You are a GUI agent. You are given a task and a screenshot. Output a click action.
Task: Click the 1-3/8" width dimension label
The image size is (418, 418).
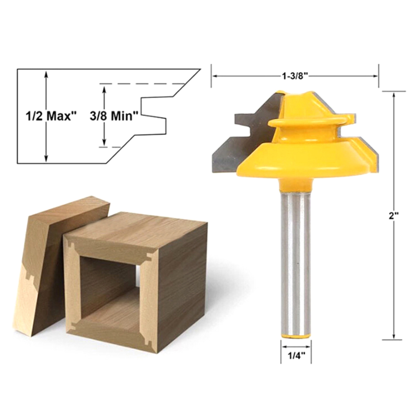pyautogui.click(x=295, y=76)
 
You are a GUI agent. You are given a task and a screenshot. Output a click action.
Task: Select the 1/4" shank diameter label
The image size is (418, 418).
pyautogui.click(x=296, y=355)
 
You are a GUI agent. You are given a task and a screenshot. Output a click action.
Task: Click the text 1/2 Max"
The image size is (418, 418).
pyautogui.click(x=51, y=116)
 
